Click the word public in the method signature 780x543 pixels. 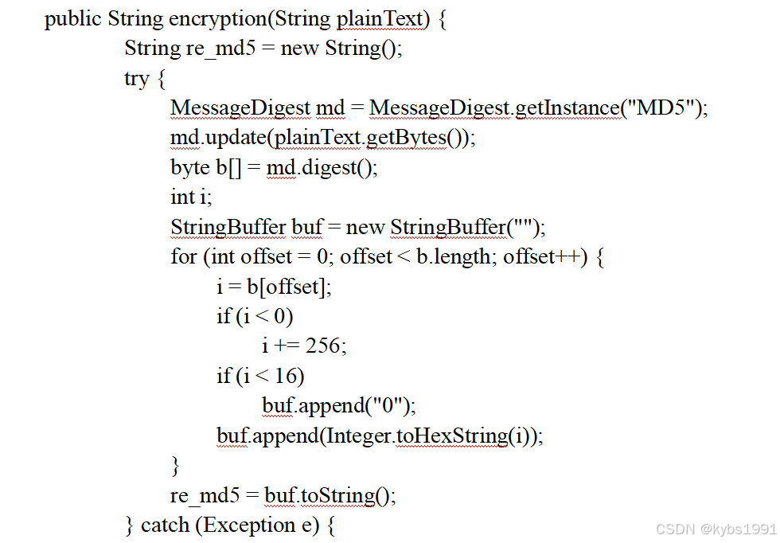(72, 18)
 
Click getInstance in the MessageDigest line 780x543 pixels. (566, 107)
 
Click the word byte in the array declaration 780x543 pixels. (188, 167)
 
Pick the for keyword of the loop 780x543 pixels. (183, 256)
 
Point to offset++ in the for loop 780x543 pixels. (540, 256)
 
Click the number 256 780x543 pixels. (323, 346)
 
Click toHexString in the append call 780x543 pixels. (451, 436)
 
